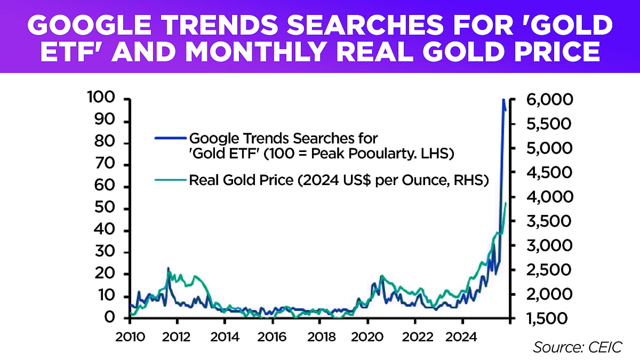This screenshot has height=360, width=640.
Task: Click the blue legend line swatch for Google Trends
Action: (170, 138)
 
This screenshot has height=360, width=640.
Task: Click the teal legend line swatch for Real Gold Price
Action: (170, 181)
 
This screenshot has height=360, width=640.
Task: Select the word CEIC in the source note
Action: (609, 347)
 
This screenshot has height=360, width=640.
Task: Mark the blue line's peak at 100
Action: (502, 100)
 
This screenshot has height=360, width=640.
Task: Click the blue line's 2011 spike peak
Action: (169, 268)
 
